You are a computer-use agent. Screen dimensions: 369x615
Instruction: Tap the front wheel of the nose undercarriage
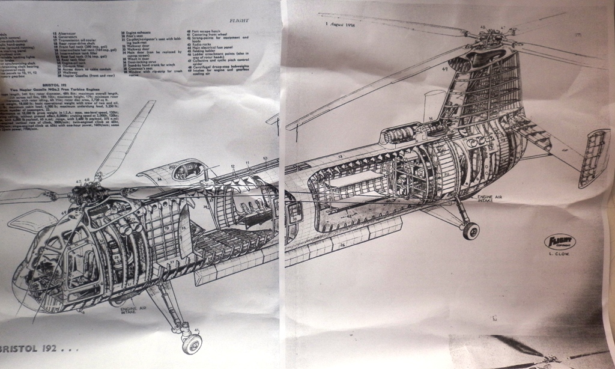[x=192, y=344]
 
